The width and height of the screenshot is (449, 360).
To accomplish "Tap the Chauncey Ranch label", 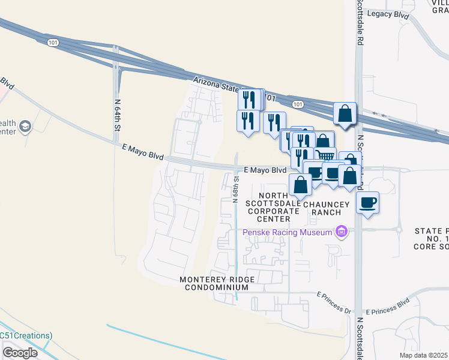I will (x=326, y=205).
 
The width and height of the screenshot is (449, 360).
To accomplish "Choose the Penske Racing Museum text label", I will (x=288, y=232).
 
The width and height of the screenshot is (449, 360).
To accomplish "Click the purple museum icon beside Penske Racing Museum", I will (x=342, y=231).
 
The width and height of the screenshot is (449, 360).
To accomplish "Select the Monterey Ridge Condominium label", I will (x=218, y=284).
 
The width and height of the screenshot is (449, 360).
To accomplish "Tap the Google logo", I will (x=20, y=353).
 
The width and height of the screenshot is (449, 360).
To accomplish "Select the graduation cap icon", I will (x=25, y=127).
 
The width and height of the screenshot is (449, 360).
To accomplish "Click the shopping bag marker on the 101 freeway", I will (x=345, y=113).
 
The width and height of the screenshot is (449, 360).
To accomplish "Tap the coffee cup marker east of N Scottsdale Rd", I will (x=368, y=202).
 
